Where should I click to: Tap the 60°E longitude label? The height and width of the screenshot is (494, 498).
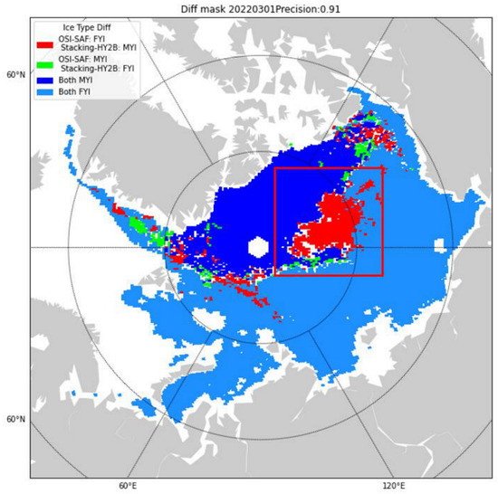tap(127, 486)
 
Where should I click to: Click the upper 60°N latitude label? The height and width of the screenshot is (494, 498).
tap(15, 74)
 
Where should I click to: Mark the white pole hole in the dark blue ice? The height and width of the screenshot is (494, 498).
tap(258, 247)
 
